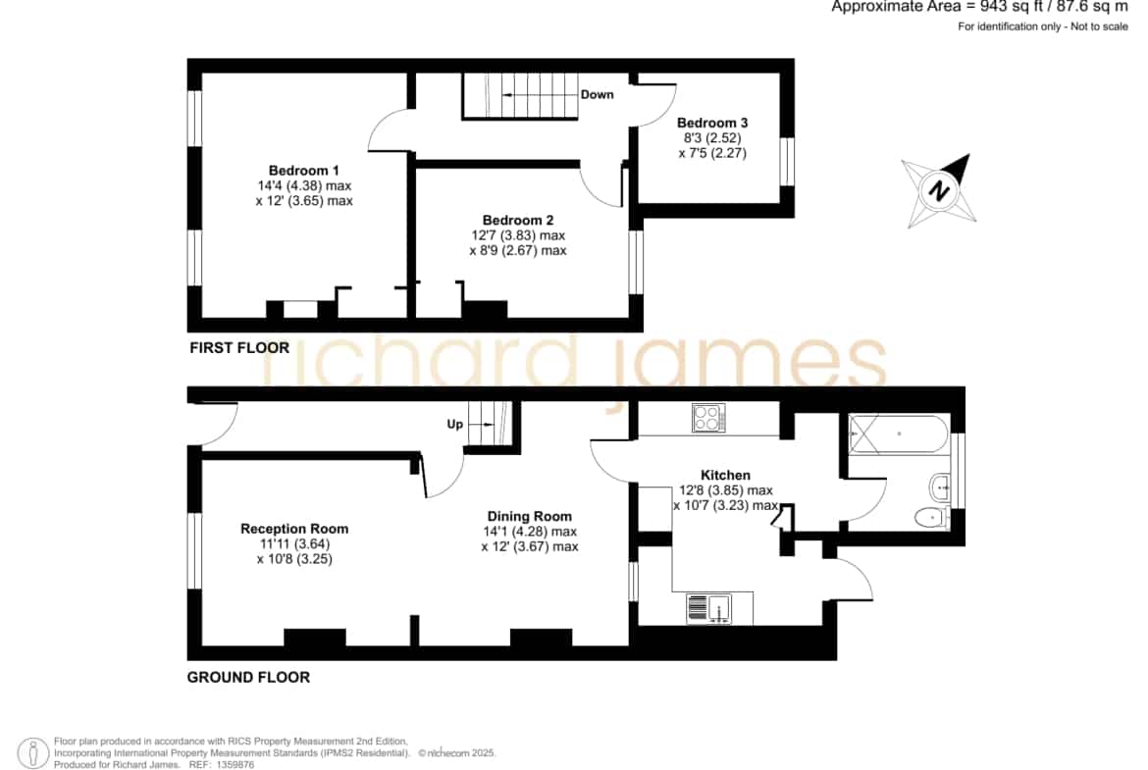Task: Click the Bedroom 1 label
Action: (x=304, y=171)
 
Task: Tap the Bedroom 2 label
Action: (x=518, y=221)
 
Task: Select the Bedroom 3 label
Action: (x=712, y=123)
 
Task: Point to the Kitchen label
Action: (x=725, y=475)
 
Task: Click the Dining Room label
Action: (x=529, y=516)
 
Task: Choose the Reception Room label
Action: (x=294, y=529)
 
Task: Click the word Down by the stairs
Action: (x=597, y=94)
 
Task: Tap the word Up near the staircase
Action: (x=454, y=425)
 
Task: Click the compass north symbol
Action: (x=939, y=191)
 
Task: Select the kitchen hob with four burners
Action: (x=708, y=418)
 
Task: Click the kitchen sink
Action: (x=709, y=609)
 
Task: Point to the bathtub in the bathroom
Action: (x=899, y=434)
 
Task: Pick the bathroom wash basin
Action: (x=939, y=486)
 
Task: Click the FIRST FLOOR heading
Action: (x=239, y=347)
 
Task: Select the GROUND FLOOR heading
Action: (x=248, y=677)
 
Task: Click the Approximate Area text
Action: (x=979, y=7)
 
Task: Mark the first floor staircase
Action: (x=520, y=95)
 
